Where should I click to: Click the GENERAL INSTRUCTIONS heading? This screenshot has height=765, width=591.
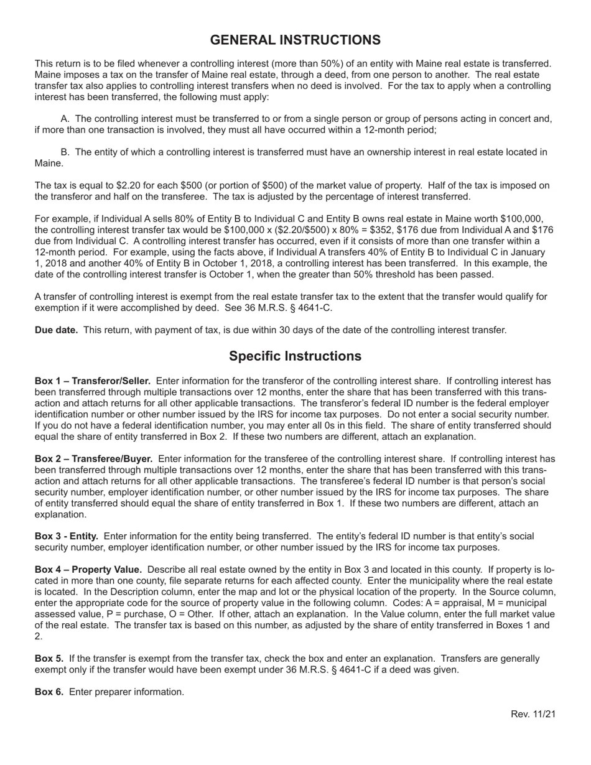[295, 40]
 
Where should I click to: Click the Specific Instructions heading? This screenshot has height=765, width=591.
[295, 356]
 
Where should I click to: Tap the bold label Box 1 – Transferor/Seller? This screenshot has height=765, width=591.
[93, 381]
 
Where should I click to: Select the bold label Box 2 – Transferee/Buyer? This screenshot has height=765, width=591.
[93, 458]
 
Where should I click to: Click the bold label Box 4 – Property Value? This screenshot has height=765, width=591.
[88, 570]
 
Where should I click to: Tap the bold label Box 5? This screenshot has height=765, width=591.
[49, 659]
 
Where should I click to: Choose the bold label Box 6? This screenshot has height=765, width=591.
[49, 692]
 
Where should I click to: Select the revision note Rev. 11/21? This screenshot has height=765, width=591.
[533, 714]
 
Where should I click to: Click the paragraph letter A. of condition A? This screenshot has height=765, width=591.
[65, 119]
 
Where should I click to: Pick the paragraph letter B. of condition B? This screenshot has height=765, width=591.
[65, 152]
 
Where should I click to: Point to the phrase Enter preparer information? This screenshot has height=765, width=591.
[126, 692]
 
